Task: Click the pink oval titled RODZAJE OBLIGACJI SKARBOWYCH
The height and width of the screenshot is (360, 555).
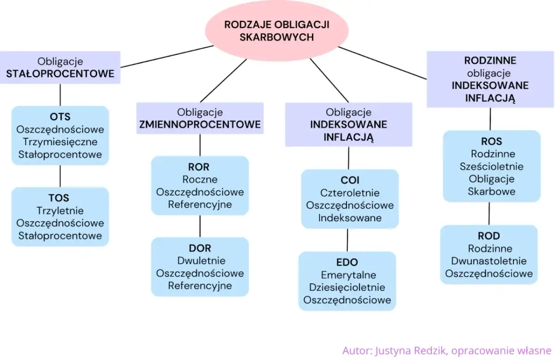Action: [277, 31]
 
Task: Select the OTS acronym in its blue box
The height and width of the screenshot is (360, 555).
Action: [60, 117]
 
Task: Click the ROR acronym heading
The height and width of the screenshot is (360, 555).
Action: [199, 167]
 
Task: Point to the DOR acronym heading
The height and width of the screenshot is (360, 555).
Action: [200, 248]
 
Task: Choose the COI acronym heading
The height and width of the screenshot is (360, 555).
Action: [350, 180]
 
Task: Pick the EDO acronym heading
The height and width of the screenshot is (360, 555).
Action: [347, 262]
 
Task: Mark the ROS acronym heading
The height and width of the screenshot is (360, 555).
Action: [491, 141]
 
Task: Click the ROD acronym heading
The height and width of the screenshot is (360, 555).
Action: [489, 236]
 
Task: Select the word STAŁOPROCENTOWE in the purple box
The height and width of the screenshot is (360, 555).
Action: [60, 74]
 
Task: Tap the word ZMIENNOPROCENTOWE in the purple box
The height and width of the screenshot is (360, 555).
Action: [200, 125]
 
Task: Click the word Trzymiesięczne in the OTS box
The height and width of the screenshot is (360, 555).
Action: [60, 142]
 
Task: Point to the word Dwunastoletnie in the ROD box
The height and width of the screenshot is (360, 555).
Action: [489, 261]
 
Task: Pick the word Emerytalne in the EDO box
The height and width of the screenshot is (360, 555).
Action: [347, 275]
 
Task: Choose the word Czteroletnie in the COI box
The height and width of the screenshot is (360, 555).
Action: [350, 193]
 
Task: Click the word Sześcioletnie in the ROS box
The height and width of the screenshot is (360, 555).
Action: [491, 166]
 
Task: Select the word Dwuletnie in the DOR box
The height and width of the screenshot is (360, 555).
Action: [200, 261]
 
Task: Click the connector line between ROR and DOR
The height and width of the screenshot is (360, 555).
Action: [200, 226]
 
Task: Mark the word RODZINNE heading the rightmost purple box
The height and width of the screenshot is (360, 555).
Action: [490, 61]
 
